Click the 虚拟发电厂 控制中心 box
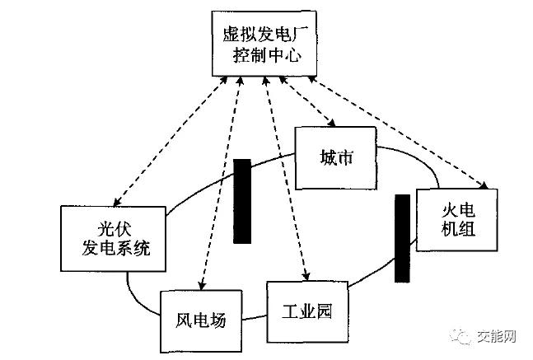[264, 45]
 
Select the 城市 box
[334, 157]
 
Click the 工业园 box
[306, 311]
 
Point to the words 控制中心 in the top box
[264, 58]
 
